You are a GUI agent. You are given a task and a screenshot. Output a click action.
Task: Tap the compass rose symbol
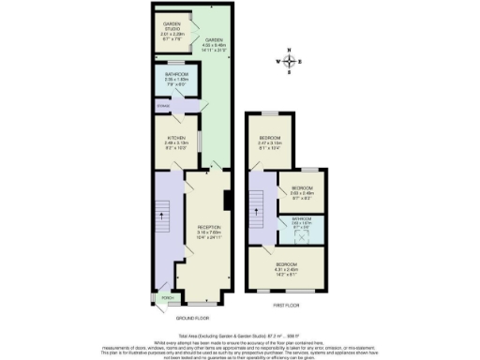tap(292, 63)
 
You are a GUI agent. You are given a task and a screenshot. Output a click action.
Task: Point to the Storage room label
tap(163, 107)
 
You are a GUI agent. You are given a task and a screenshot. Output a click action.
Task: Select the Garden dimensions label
tap(215, 44)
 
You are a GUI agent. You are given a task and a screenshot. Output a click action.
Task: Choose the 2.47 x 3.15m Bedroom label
tap(271, 142)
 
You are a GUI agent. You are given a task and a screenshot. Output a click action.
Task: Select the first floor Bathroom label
tap(300, 221)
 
